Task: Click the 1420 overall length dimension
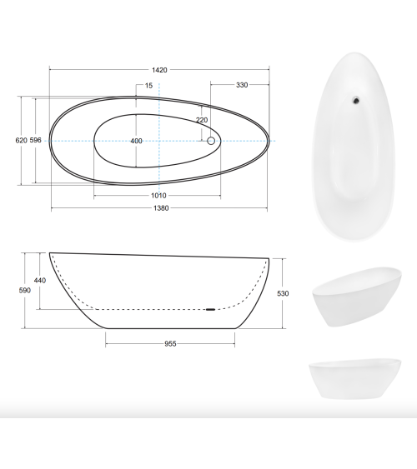click(159, 70)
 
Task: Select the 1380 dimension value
click(161, 208)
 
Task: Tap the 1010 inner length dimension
click(158, 196)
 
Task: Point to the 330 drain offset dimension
click(242, 85)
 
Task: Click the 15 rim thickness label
click(148, 86)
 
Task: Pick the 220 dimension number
click(202, 120)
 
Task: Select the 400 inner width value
click(136, 141)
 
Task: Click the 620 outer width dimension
click(21, 140)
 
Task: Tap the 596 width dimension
click(35, 140)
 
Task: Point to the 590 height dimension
click(24, 291)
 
